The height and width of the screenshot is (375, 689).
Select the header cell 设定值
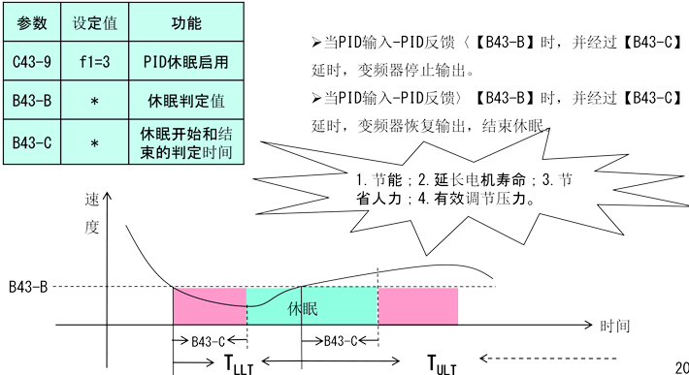coord(95,21)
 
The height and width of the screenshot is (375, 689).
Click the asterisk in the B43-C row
coord(95,143)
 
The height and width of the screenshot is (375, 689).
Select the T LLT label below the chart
coord(239,364)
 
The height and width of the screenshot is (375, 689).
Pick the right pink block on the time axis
coord(417,306)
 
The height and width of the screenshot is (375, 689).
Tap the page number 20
coord(679,366)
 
